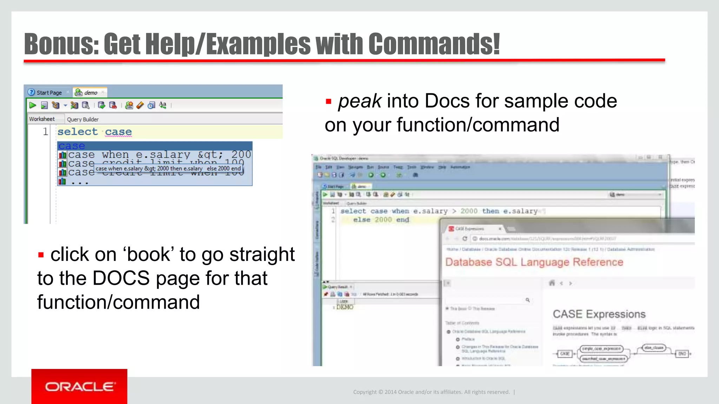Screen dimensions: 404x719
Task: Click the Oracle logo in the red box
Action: (x=79, y=386)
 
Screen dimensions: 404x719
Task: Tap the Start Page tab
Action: (x=49, y=93)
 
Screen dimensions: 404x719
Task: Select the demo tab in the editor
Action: (x=90, y=93)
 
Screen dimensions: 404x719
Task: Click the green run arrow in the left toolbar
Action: (x=33, y=105)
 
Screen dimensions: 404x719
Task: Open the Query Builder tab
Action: (x=83, y=119)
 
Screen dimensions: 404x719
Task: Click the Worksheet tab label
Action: (x=42, y=119)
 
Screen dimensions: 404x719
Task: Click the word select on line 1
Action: (x=78, y=132)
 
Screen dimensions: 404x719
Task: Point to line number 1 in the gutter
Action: (x=45, y=132)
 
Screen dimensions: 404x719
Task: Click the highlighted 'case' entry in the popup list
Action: (x=72, y=146)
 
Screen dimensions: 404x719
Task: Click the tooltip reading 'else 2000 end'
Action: (x=224, y=168)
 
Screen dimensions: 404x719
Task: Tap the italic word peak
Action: (x=359, y=101)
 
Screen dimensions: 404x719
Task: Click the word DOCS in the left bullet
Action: (x=121, y=278)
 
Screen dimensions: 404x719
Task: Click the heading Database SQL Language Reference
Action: (x=534, y=262)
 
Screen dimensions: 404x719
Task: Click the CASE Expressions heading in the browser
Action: (x=599, y=314)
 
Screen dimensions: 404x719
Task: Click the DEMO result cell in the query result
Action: (x=344, y=307)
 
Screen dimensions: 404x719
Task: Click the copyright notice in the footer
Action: (x=431, y=392)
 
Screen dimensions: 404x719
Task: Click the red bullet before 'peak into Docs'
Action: (x=329, y=102)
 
